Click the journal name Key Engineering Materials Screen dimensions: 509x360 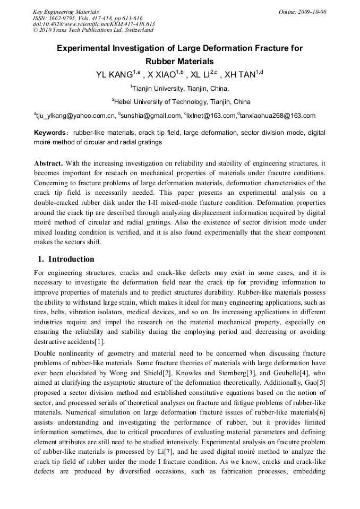pos(66,12)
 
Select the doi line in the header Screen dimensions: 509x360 pos(93,24)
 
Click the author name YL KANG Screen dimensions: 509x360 pos(114,75)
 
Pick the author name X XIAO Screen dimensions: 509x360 pos(161,75)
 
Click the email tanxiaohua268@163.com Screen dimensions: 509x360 pos(278,116)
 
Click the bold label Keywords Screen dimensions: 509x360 pos(50,133)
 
